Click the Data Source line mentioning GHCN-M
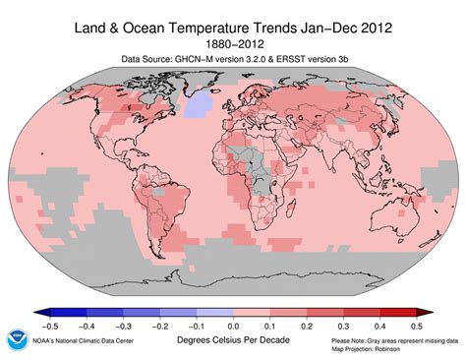[x=232, y=59]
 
